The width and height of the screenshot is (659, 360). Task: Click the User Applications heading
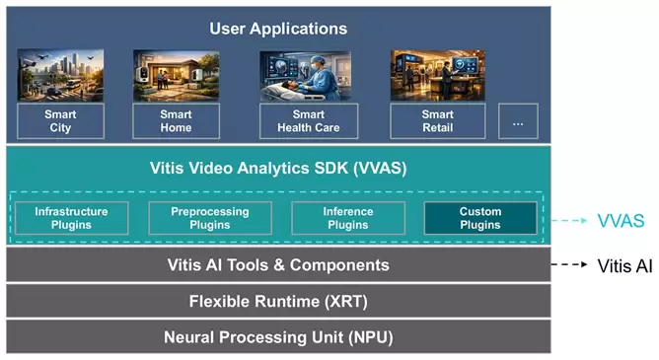tap(278, 29)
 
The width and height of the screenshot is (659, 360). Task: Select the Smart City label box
tap(60, 121)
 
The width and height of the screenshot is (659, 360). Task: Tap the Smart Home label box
tap(177, 121)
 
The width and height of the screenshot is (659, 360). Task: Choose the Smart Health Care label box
tap(309, 121)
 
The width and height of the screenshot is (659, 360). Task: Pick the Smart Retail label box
tap(438, 121)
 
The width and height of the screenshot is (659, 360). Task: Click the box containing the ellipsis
tap(518, 121)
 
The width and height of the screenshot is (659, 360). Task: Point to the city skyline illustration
tap(60, 75)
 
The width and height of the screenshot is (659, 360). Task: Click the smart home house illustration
tap(177, 76)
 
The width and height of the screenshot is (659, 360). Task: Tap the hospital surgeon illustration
tap(306, 76)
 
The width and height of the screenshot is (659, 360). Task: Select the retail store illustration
tap(438, 75)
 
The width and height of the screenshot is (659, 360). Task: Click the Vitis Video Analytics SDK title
tap(278, 168)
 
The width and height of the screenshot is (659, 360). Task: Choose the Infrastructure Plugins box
tap(71, 218)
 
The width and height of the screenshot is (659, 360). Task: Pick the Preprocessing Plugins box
tap(210, 218)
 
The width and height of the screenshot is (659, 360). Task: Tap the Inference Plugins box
tap(348, 218)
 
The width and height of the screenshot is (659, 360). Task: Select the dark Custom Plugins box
tap(480, 218)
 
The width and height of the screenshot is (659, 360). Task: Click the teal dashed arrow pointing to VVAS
tap(569, 220)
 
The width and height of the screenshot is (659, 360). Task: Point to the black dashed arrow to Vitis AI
tap(569, 264)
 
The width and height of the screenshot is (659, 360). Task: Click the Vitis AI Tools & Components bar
tap(278, 264)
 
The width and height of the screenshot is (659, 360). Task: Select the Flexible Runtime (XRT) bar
tap(278, 301)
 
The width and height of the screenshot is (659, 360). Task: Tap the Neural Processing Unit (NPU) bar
tap(278, 337)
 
